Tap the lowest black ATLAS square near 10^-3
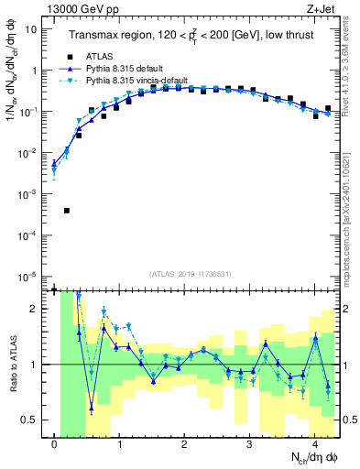67,211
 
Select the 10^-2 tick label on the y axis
27,153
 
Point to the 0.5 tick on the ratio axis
30,420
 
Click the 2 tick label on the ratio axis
35,309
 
